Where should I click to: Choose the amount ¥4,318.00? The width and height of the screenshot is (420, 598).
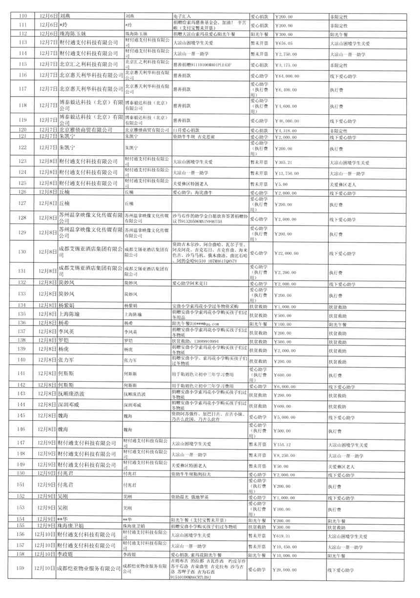286,130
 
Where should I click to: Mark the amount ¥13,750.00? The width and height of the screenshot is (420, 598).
288,172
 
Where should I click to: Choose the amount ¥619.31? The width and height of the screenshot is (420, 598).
286,536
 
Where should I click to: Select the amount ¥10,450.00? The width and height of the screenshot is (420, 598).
288,546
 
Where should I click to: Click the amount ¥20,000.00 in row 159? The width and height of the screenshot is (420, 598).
288,569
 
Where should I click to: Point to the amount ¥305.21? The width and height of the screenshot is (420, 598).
286,161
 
